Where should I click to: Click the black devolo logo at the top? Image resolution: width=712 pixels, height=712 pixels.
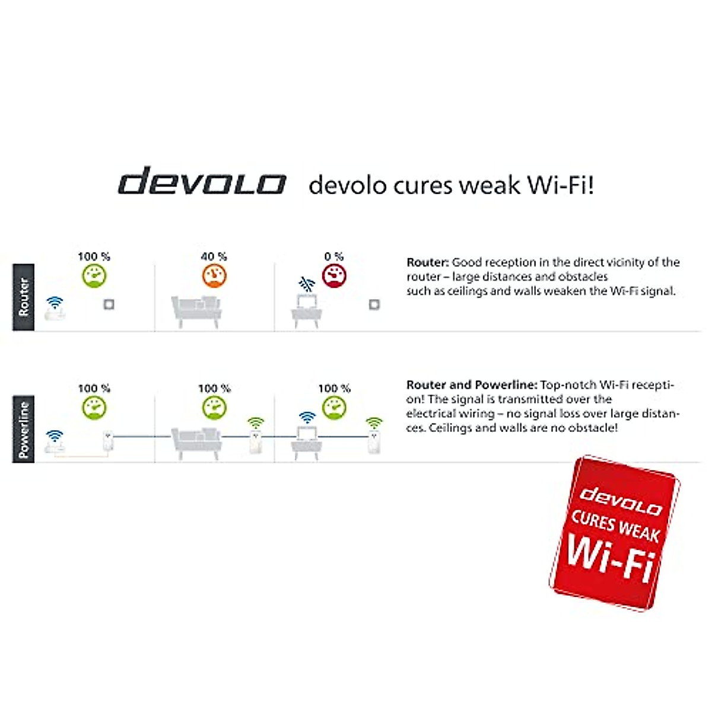tap(202, 181)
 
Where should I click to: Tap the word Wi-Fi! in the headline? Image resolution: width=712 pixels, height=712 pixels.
tap(560, 185)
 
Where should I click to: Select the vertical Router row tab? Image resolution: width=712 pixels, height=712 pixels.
tap(24, 297)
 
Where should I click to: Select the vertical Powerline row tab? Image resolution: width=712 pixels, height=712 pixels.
tap(24, 429)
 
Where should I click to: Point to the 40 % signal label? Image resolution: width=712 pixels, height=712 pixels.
tap(214, 256)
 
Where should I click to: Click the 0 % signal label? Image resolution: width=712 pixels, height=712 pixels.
tap(334, 256)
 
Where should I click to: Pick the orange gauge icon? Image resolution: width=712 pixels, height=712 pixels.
tap(214, 276)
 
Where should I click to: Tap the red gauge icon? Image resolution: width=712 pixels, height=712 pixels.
tap(334, 276)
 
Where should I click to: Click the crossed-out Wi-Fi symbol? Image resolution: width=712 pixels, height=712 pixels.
tap(306, 284)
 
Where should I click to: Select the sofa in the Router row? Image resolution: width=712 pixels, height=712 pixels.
tap(196, 311)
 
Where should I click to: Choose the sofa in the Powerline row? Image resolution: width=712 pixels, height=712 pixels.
tap(196, 442)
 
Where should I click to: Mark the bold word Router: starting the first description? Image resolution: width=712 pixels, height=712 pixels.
tap(427, 262)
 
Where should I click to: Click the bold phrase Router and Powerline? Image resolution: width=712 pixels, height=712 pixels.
tap(472, 385)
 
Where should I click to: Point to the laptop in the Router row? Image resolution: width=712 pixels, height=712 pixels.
tap(306, 306)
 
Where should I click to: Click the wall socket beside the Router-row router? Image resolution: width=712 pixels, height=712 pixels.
tap(109, 304)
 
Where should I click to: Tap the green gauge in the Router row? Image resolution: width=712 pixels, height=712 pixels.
tap(94, 276)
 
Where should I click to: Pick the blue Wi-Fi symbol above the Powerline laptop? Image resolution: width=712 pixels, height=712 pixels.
tap(307, 417)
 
